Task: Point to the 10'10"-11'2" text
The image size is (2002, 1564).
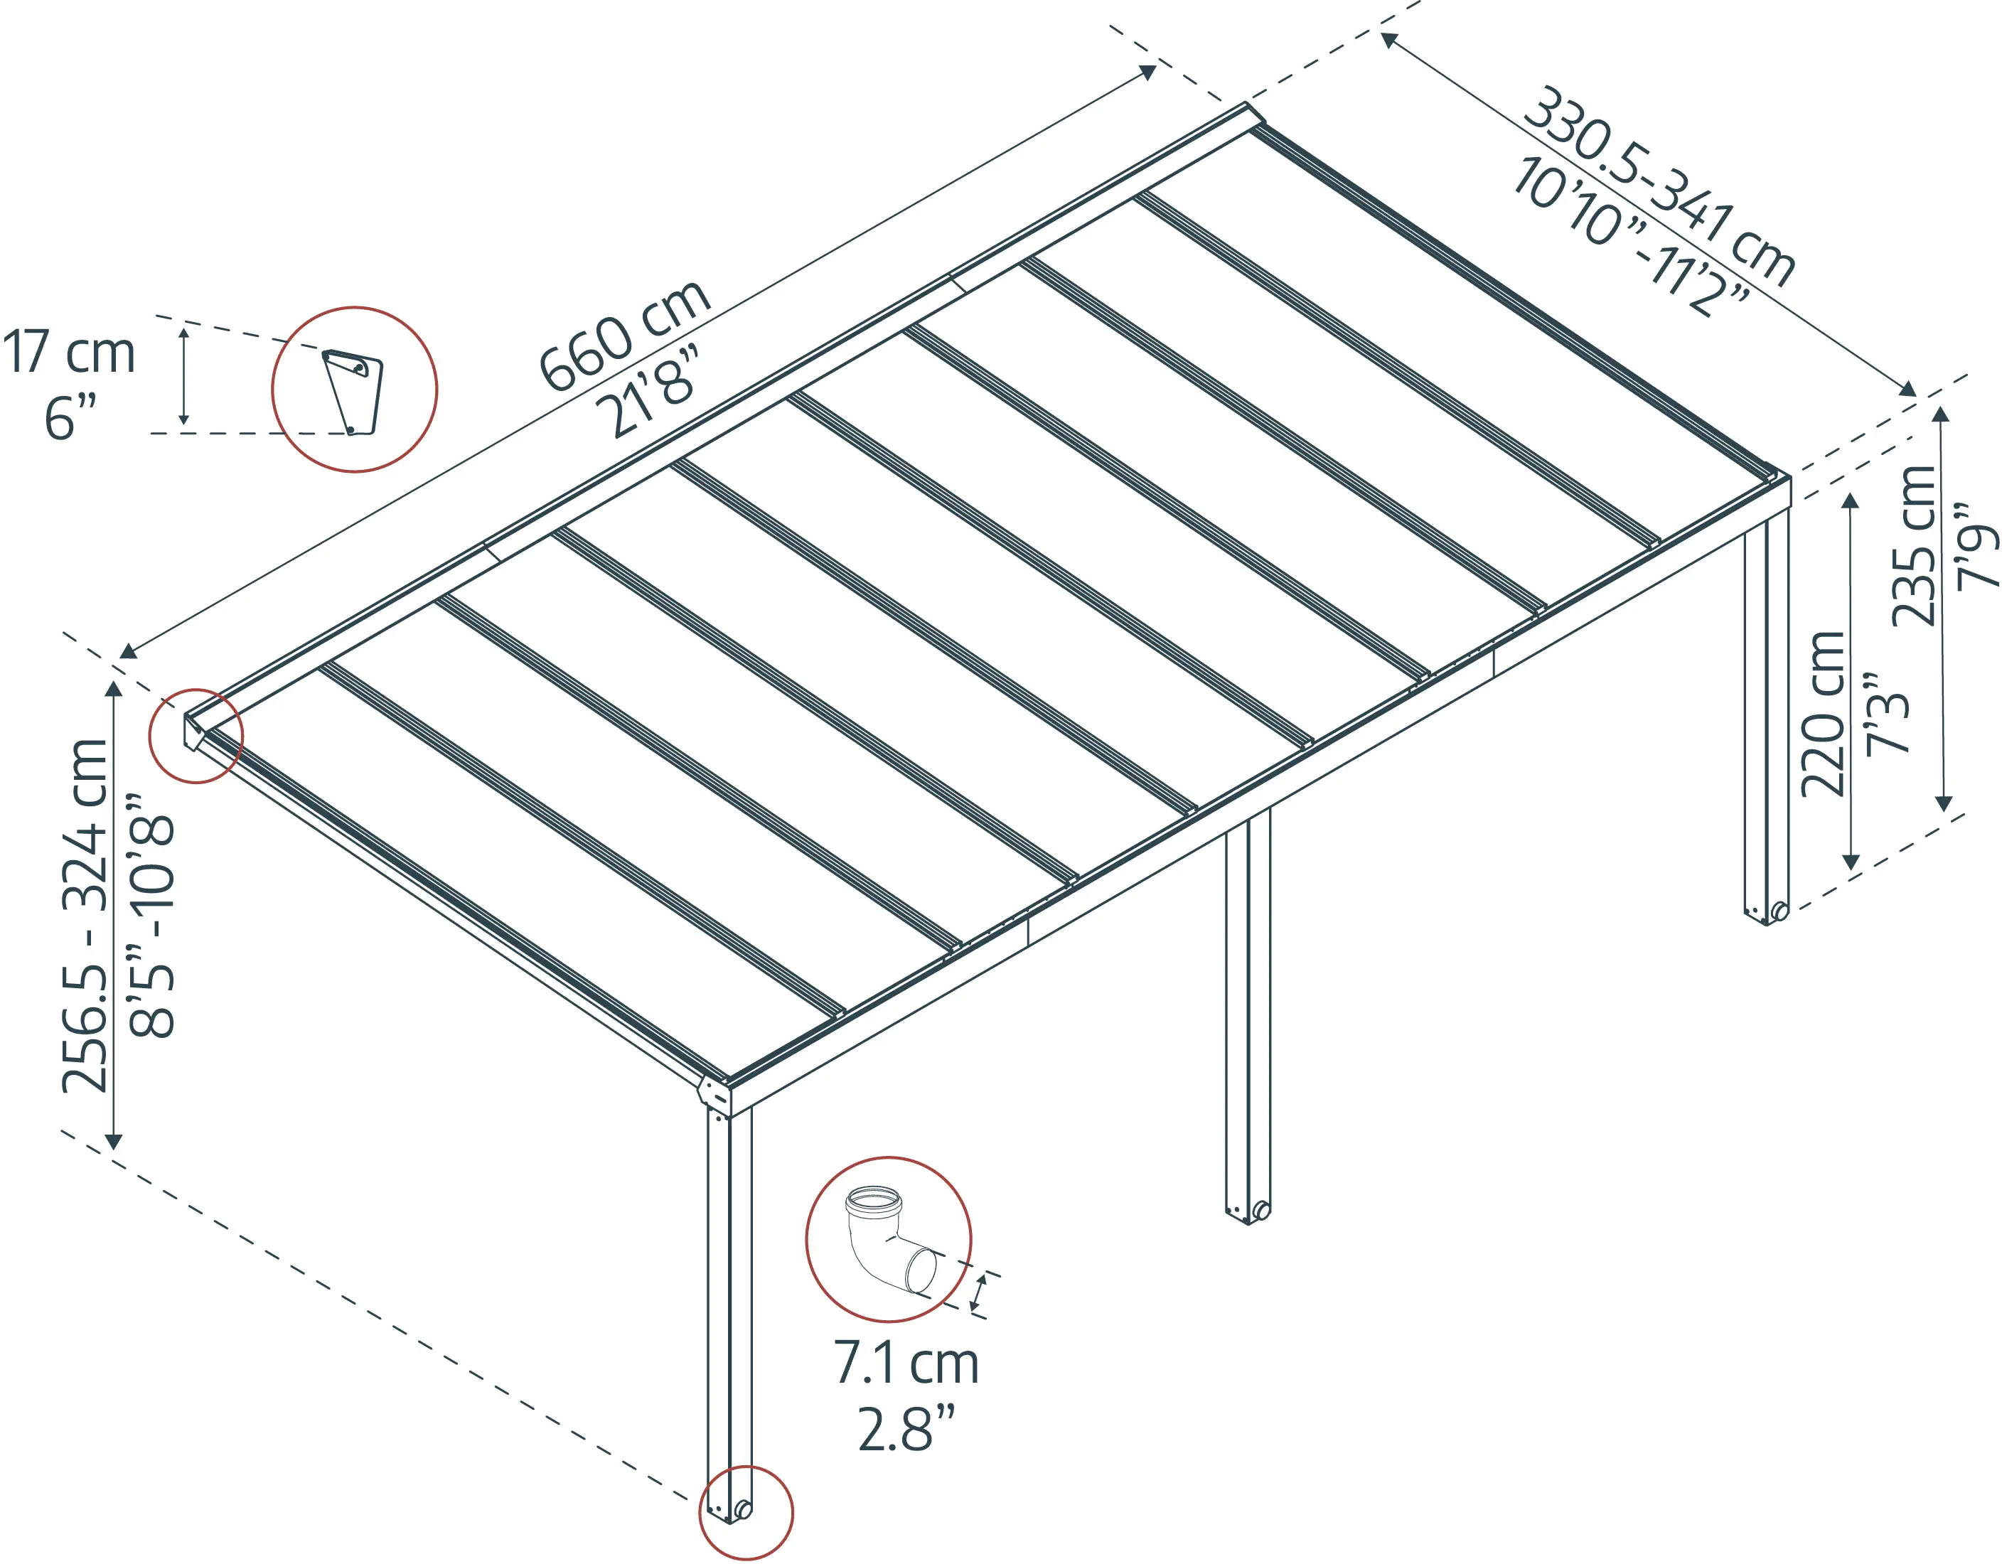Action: pyautogui.click(x=1632, y=237)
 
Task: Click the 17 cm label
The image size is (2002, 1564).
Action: pyautogui.click(x=69, y=352)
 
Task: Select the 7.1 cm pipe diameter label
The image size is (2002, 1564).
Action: pyautogui.click(x=906, y=1364)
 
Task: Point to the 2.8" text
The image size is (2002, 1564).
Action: pyautogui.click(x=906, y=1428)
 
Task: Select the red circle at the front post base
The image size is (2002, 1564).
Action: pyautogui.click(x=746, y=1514)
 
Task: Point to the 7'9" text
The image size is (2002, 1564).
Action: pyautogui.click(x=1976, y=545)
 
